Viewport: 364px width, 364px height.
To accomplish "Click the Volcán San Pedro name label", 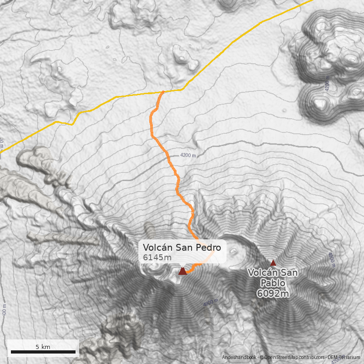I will point(182,248).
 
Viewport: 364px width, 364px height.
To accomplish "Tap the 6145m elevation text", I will point(157,258).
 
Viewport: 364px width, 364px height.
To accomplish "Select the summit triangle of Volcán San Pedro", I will point(182,271).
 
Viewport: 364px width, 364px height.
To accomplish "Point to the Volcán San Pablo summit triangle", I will point(273,263).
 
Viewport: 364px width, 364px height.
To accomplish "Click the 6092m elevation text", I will point(273,293).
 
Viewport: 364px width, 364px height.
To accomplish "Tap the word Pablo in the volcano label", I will point(273,283).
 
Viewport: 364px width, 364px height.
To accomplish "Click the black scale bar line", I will point(43,352).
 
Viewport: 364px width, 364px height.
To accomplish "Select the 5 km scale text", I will point(43,347).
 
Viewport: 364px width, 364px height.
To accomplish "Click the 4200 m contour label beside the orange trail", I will point(188,155).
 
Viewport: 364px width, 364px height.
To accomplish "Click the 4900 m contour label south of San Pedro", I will point(211,302).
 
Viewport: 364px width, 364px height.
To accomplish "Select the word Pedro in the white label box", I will point(209,248).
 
